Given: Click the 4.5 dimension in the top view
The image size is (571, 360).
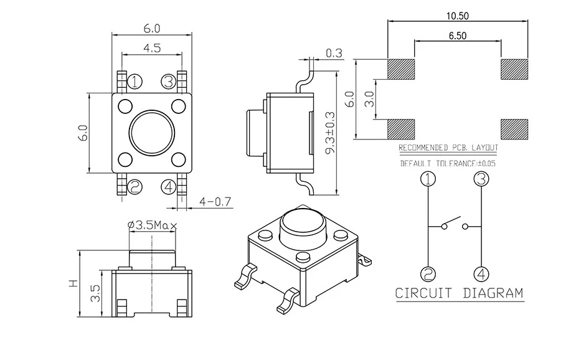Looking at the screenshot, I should [151, 47].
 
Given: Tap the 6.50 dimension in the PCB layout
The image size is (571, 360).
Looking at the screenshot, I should [458, 36].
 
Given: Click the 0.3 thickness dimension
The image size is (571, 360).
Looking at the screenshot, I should [334, 54].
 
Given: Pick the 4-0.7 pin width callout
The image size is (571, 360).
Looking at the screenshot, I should [215, 201].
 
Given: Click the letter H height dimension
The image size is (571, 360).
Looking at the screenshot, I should [73, 283].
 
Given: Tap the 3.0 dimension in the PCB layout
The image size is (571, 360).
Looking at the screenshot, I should [371, 99].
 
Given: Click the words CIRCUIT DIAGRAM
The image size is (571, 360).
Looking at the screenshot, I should [460, 293].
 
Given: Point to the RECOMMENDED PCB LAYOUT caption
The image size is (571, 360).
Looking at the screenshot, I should [448, 148].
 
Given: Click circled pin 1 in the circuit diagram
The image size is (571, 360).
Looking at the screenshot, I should [428, 179].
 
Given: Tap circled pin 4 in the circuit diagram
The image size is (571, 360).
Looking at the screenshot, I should [481, 273].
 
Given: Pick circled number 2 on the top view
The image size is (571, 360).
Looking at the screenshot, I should [134, 186].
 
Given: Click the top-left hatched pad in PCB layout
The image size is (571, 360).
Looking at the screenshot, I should [402, 70].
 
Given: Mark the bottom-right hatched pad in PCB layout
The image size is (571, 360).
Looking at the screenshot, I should [514, 128].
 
